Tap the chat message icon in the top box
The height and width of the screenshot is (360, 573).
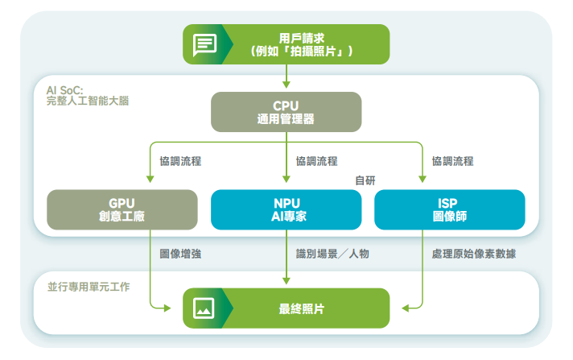pyautogui.click(x=204, y=44)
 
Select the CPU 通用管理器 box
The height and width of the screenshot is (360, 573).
pyautogui.click(x=286, y=111)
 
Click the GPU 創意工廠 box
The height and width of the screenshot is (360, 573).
pyautogui.click(x=122, y=209)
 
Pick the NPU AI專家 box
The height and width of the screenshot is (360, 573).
pyautogui.click(x=286, y=209)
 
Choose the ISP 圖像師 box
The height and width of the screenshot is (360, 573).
pyautogui.click(x=450, y=209)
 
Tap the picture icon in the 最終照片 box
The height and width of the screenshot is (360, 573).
pyautogui.click(x=204, y=308)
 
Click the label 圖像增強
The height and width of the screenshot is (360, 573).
pyautogui.click(x=180, y=254)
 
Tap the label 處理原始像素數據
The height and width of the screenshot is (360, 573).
pyautogui.click(x=474, y=254)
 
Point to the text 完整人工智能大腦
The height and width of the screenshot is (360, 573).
pyautogui.click(x=87, y=101)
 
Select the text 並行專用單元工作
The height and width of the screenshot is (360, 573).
pyautogui.click(x=89, y=287)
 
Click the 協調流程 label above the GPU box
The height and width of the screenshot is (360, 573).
pyautogui.click(x=180, y=161)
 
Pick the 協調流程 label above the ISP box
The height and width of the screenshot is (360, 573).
pyautogui.click(x=452, y=161)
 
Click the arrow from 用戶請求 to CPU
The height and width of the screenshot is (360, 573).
pyautogui.click(x=286, y=76)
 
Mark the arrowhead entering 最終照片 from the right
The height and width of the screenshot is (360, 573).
pyautogui.click(x=407, y=308)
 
